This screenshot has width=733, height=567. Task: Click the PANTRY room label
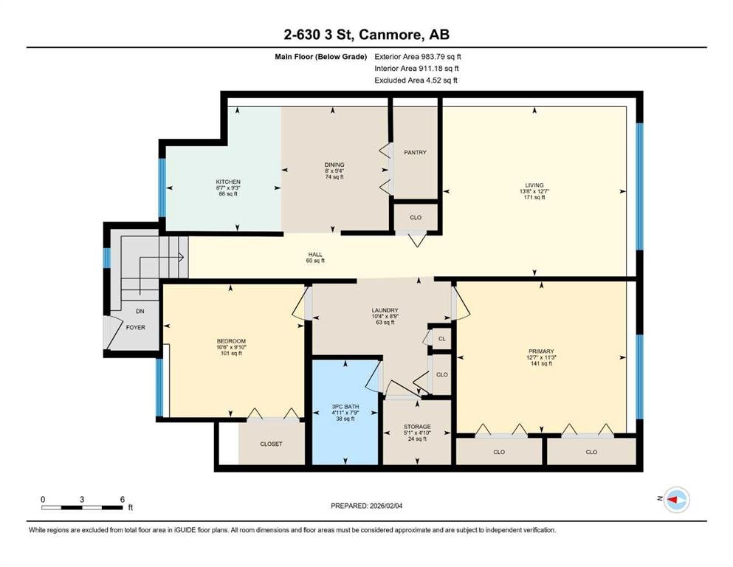click(x=415, y=152)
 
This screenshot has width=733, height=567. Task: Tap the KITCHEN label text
click(x=228, y=182)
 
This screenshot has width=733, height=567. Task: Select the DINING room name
click(x=334, y=165)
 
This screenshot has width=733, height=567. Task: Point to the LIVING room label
click(x=534, y=185)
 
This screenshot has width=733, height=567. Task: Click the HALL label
click(x=315, y=254)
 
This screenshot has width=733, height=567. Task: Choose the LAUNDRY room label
click(x=385, y=310)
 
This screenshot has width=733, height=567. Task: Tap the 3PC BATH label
click(x=345, y=407)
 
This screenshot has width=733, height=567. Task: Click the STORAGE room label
click(x=417, y=427)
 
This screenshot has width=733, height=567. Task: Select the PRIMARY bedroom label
click(x=541, y=351)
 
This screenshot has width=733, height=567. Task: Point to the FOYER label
click(x=136, y=328)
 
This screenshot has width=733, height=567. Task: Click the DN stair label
click(x=140, y=312)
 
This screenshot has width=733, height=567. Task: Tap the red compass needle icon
click(x=672, y=500)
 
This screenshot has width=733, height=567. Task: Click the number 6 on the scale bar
click(x=123, y=499)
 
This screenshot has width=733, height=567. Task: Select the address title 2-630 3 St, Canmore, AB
click(x=366, y=34)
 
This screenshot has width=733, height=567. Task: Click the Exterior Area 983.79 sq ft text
click(x=418, y=57)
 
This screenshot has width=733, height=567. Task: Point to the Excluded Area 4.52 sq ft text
click(x=416, y=80)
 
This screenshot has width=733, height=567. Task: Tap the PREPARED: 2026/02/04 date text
click(x=366, y=506)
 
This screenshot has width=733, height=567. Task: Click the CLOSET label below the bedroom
click(x=271, y=444)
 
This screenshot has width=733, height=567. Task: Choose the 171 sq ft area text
click(x=534, y=197)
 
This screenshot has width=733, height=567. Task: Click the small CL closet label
click(x=441, y=339)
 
